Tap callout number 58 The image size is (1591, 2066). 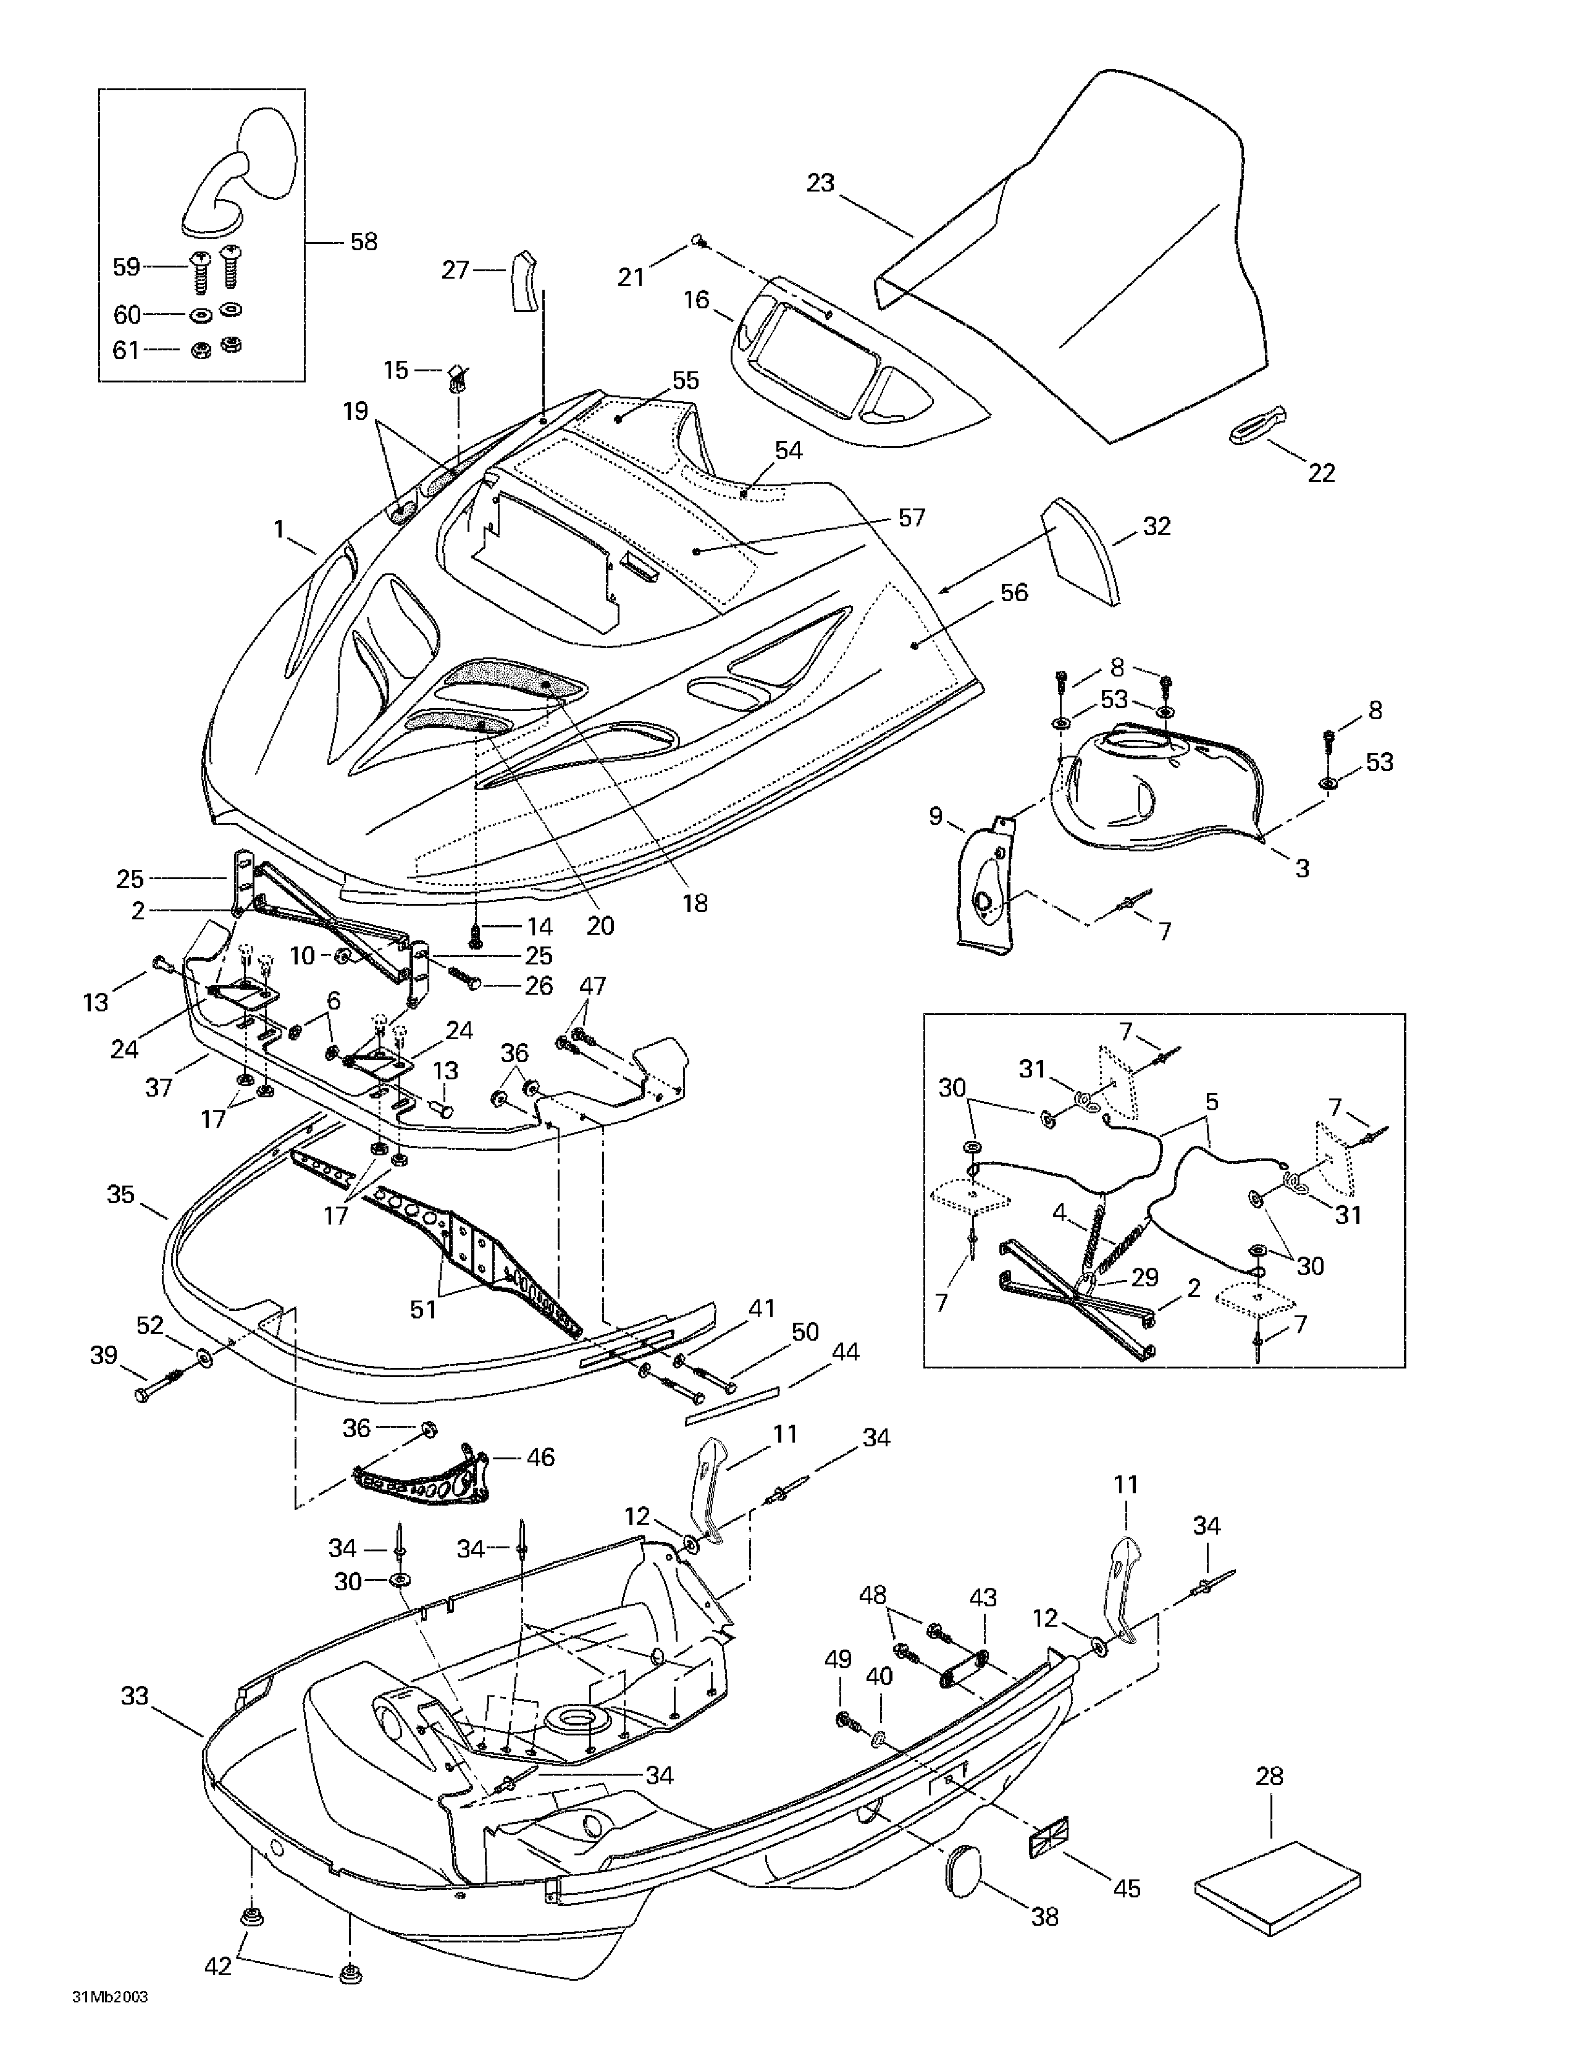[x=363, y=242]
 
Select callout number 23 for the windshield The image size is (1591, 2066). [x=820, y=183]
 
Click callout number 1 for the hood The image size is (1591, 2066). [x=279, y=529]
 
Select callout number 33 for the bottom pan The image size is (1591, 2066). [x=135, y=1696]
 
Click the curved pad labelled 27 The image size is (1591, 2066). [x=522, y=281]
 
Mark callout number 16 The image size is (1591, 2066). [x=696, y=300]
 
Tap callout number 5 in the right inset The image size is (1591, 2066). [x=1212, y=1102]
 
